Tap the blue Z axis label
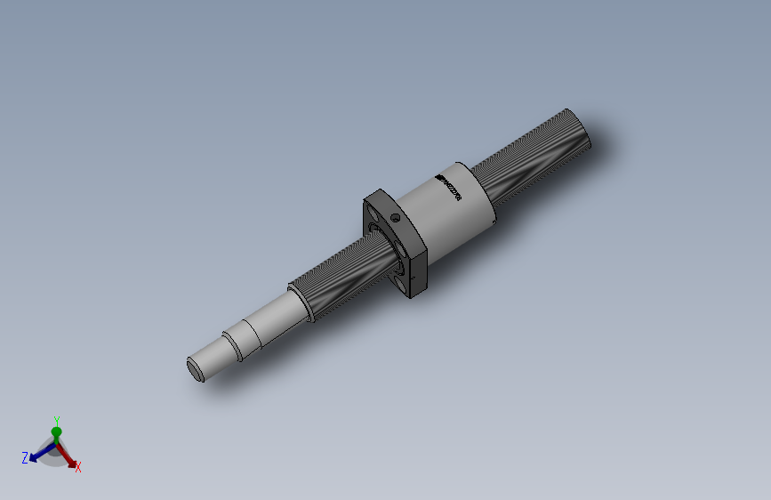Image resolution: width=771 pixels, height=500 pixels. pyautogui.click(x=25, y=458)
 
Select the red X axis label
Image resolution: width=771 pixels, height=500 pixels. pyautogui.click(x=78, y=466)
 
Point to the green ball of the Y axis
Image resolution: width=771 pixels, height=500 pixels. pyautogui.click(x=56, y=432)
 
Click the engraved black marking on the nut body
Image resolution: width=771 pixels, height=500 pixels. pyautogui.click(x=446, y=186)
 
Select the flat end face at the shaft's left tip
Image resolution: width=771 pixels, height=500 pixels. pyautogui.click(x=196, y=368)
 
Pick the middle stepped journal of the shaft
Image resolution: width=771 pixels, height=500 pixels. pyautogui.click(x=245, y=337)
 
